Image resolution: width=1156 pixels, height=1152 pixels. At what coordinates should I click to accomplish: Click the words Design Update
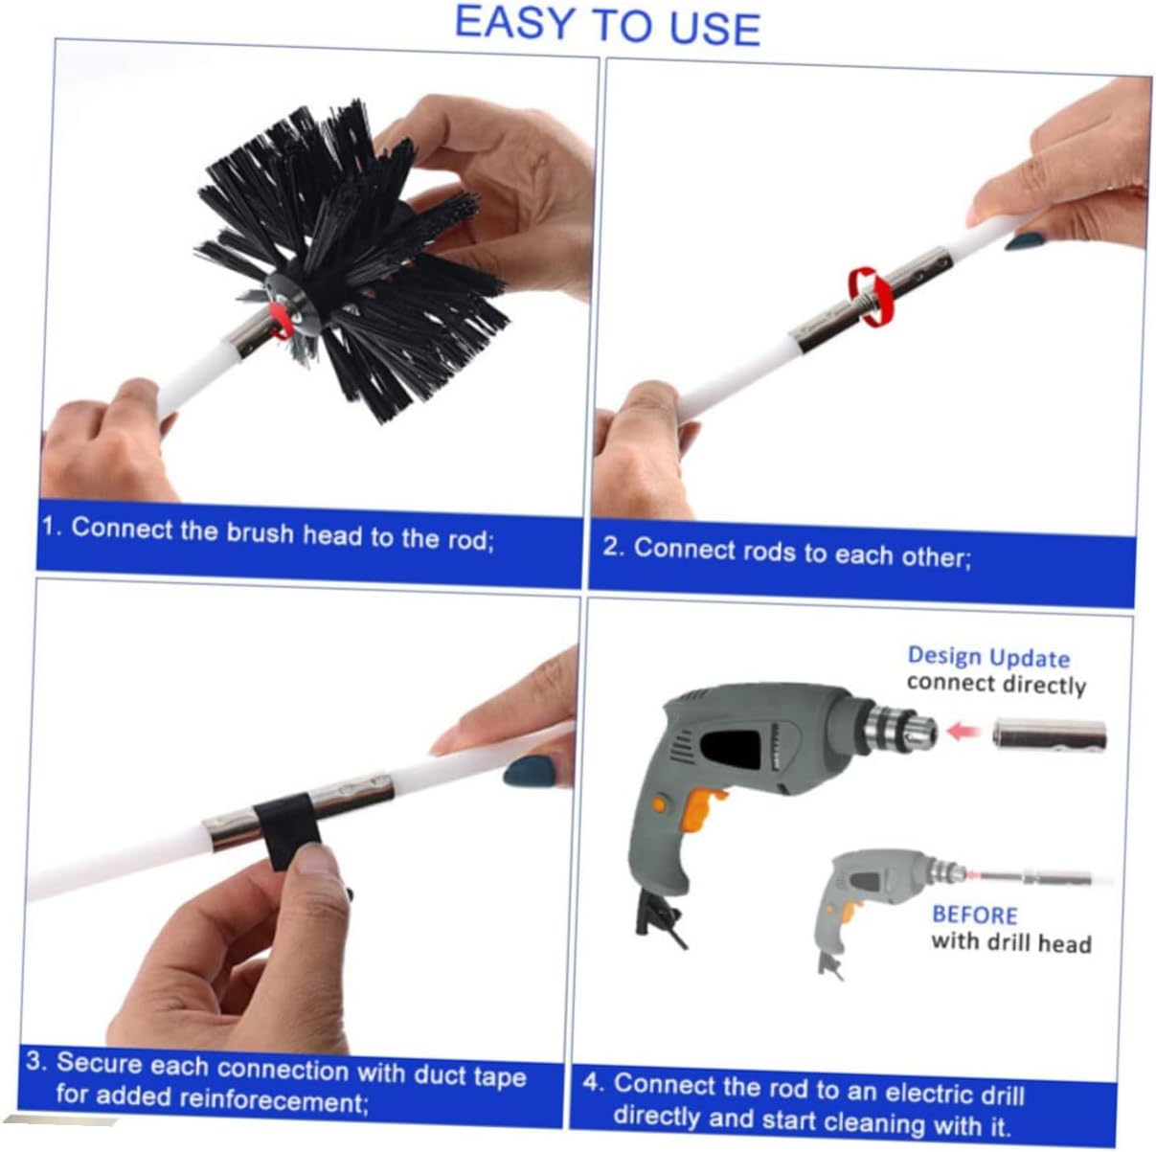[988, 657]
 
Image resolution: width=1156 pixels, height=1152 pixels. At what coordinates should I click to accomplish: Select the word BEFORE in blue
[974, 915]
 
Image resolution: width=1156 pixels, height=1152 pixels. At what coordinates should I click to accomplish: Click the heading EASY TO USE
[607, 25]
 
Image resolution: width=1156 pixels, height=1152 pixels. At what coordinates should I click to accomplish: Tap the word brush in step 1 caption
[261, 532]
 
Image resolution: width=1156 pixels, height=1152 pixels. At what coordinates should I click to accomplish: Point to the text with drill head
[1010, 942]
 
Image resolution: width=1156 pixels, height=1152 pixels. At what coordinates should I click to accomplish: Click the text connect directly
[996, 684]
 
